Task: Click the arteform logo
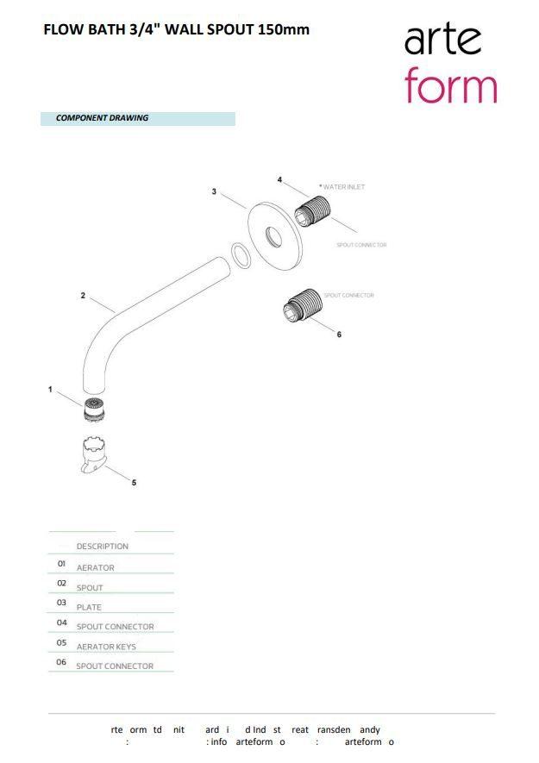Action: click(450, 64)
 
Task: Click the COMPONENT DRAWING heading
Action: click(102, 118)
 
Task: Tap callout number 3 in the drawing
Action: click(214, 191)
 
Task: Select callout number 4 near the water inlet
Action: click(279, 179)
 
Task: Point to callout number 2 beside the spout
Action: click(83, 296)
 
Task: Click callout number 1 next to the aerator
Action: click(50, 390)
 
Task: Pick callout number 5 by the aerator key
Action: click(134, 483)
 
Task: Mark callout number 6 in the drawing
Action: click(339, 335)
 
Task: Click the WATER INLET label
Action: click(344, 187)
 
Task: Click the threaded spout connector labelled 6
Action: click(303, 305)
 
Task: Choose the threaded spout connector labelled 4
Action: click(313, 210)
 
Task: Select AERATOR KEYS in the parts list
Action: click(106, 647)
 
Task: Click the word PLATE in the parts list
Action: click(89, 607)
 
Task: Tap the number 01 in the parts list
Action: click(62, 563)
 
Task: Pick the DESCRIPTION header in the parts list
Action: click(102, 547)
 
